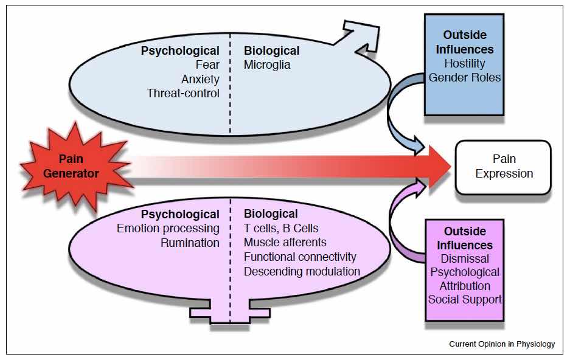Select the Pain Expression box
tap(504, 167)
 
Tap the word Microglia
tap(267, 64)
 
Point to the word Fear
tap(207, 64)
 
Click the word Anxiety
tap(200, 79)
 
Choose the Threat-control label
tap(183, 93)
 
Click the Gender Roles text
tap(465, 77)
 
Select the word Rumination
tap(190, 243)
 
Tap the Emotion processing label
tap(168, 229)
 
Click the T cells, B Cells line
tap(281, 229)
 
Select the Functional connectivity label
tap(300, 257)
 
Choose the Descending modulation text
tap(302, 271)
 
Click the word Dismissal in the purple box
tap(465, 258)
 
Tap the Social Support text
tap(465, 299)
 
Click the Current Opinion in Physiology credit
tap(502, 344)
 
